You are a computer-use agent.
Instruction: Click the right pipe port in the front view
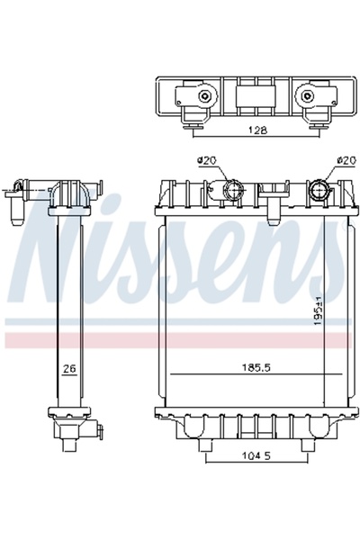(319, 191)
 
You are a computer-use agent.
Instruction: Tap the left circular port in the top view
(206, 96)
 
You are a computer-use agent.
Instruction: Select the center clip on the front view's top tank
(269, 193)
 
